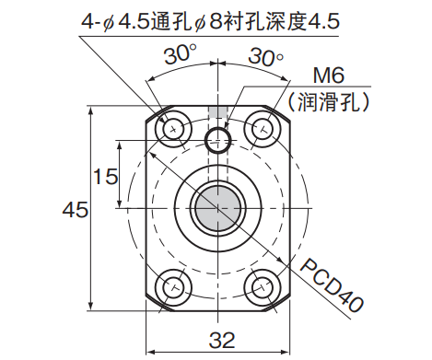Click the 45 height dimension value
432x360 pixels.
pyautogui.click(x=76, y=210)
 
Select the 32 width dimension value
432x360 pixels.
pyautogui.click(x=222, y=340)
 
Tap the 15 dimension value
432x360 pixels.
pyautogui.click(x=106, y=177)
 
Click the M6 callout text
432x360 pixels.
pyautogui.click(x=328, y=75)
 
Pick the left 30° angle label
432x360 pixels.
pyautogui.click(x=181, y=54)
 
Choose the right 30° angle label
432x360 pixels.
pyautogui.click(x=266, y=56)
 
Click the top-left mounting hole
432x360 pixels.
pyautogui.click(x=173, y=130)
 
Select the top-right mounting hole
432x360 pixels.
pyautogui.click(x=263, y=129)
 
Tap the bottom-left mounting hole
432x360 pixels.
pyautogui.click(x=173, y=287)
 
